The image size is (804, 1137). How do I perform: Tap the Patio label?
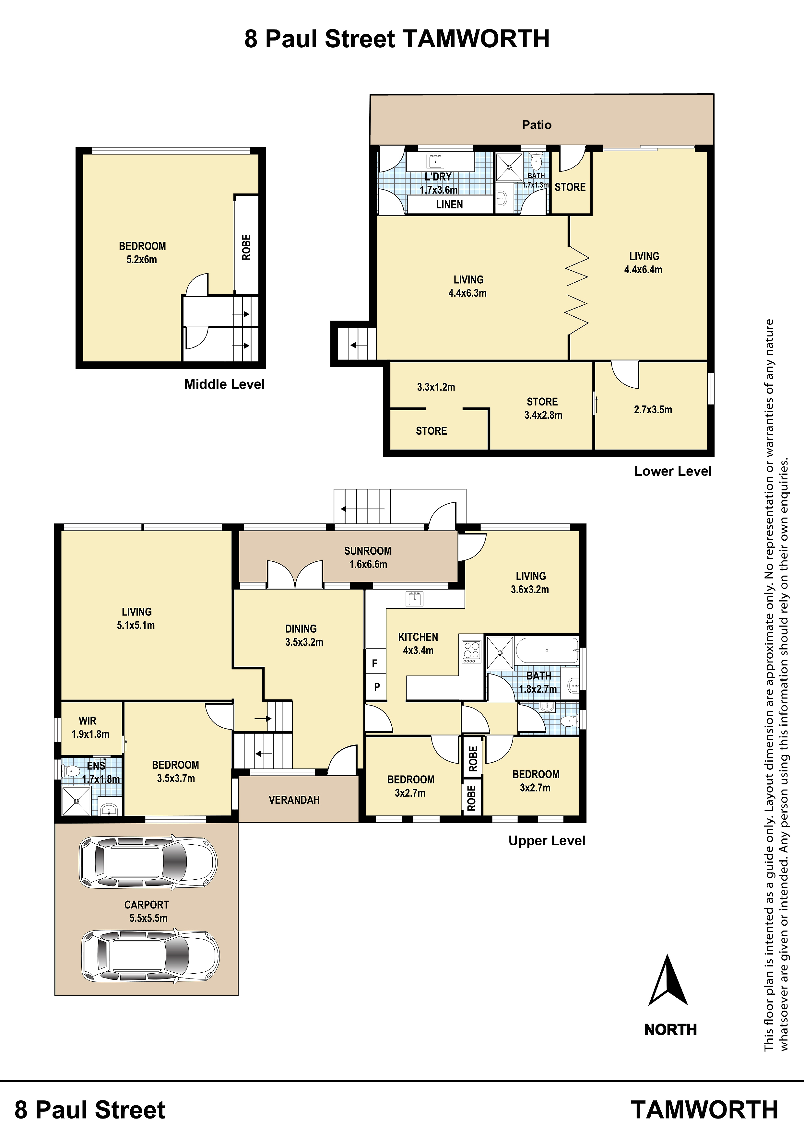point(537,125)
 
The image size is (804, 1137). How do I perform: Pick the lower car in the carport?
point(150,956)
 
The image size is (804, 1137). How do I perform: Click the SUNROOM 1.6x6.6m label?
point(368,557)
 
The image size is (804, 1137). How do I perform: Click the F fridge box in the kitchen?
point(375,663)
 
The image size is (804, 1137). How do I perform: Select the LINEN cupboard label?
point(449,205)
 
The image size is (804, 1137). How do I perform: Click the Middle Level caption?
point(224,384)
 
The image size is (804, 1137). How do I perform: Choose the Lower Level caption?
point(673,472)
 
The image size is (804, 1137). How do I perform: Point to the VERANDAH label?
point(294,800)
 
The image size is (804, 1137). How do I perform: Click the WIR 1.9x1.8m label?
point(90,727)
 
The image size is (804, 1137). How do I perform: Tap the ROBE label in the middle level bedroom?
point(246,247)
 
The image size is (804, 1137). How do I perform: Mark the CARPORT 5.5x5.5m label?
point(148,911)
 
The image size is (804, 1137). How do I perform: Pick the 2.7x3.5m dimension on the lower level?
point(653,410)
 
